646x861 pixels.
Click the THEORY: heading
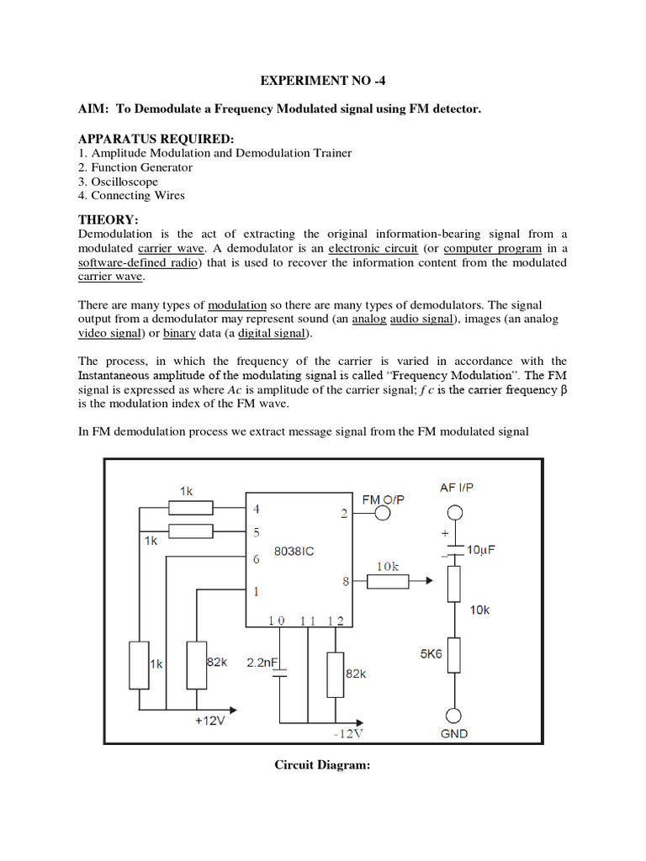pos(108,219)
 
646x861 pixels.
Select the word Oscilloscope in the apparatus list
pos(124,182)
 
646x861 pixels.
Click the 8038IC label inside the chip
pos(295,552)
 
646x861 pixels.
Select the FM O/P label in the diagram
pos(383,499)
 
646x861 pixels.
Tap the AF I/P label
pos(457,488)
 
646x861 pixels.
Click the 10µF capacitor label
pos(482,549)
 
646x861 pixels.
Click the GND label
pos(454,733)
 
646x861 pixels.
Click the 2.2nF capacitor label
pos(262,663)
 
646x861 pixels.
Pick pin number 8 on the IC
pos(344,580)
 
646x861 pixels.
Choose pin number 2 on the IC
pos(344,514)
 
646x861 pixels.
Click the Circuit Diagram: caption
pos(323,765)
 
